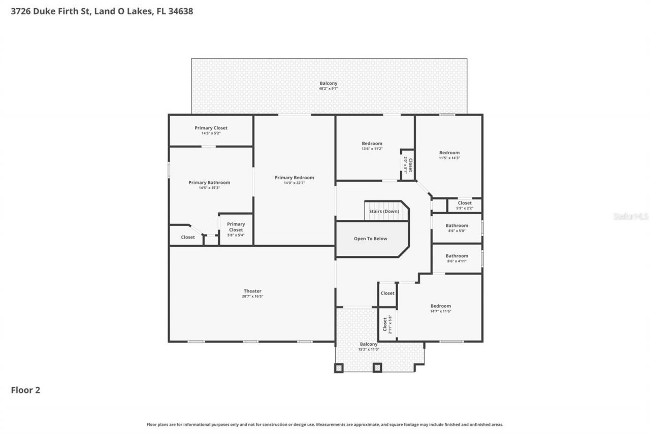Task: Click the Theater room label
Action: coord(252,291)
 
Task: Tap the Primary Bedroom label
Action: coord(294,178)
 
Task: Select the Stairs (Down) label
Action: coord(384,211)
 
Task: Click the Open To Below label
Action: coord(370,239)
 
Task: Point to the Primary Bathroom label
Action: coord(209,183)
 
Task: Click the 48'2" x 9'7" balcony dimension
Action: coord(328,88)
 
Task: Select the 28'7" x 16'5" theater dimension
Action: coord(252,296)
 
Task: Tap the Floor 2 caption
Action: coord(25,390)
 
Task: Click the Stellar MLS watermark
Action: coord(631,217)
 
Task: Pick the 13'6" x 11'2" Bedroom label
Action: coord(372,144)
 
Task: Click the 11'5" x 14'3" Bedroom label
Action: coord(449,153)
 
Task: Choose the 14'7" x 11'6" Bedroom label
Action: coord(440,306)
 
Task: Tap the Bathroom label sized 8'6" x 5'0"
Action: coord(457,225)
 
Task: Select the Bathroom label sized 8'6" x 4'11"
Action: coord(457,256)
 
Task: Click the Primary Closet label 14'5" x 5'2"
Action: coord(211,128)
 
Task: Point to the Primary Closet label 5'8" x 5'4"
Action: coord(236,227)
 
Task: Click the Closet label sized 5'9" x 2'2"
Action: coord(464,203)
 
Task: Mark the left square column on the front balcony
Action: coord(339,368)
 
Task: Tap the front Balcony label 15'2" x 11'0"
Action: coord(369,344)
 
